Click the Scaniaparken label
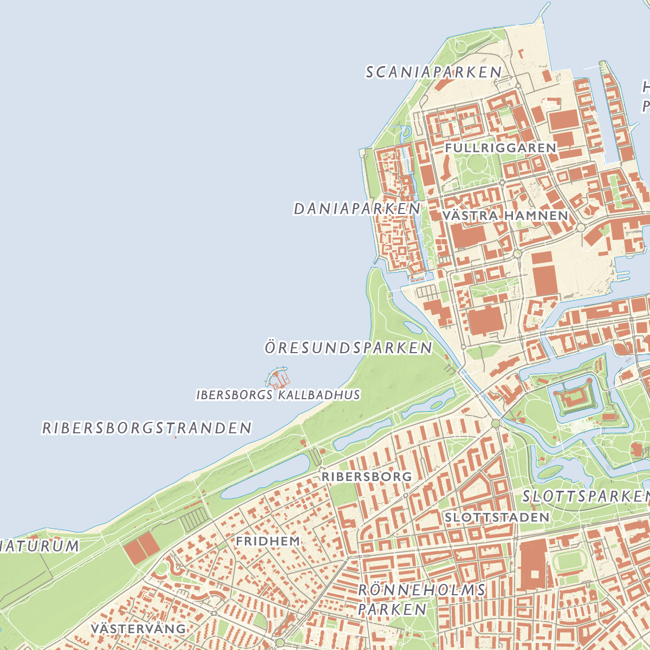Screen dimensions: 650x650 [x=434, y=72]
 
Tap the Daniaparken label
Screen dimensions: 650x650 [x=357, y=209]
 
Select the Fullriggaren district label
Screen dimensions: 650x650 [x=500, y=148]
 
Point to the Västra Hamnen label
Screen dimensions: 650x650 [x=505, y=216]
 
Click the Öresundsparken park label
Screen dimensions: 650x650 [x=348, y=348]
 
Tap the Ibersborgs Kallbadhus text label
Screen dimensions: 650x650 [x=278, y=395]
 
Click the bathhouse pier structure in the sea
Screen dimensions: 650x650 [x=278, y=378]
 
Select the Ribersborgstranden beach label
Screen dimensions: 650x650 [x=147, y=428]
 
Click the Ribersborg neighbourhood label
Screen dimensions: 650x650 [x=367, y=477]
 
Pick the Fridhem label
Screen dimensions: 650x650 [x=268, y=541]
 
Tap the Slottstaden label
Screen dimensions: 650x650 [x=497, y=517]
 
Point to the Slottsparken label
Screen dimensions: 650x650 [x=585, y=496]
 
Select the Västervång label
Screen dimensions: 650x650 [x=139, y=629]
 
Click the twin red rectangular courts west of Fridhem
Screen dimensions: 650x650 [x=141, y=548]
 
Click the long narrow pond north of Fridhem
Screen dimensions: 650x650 [x=265, y=477]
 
